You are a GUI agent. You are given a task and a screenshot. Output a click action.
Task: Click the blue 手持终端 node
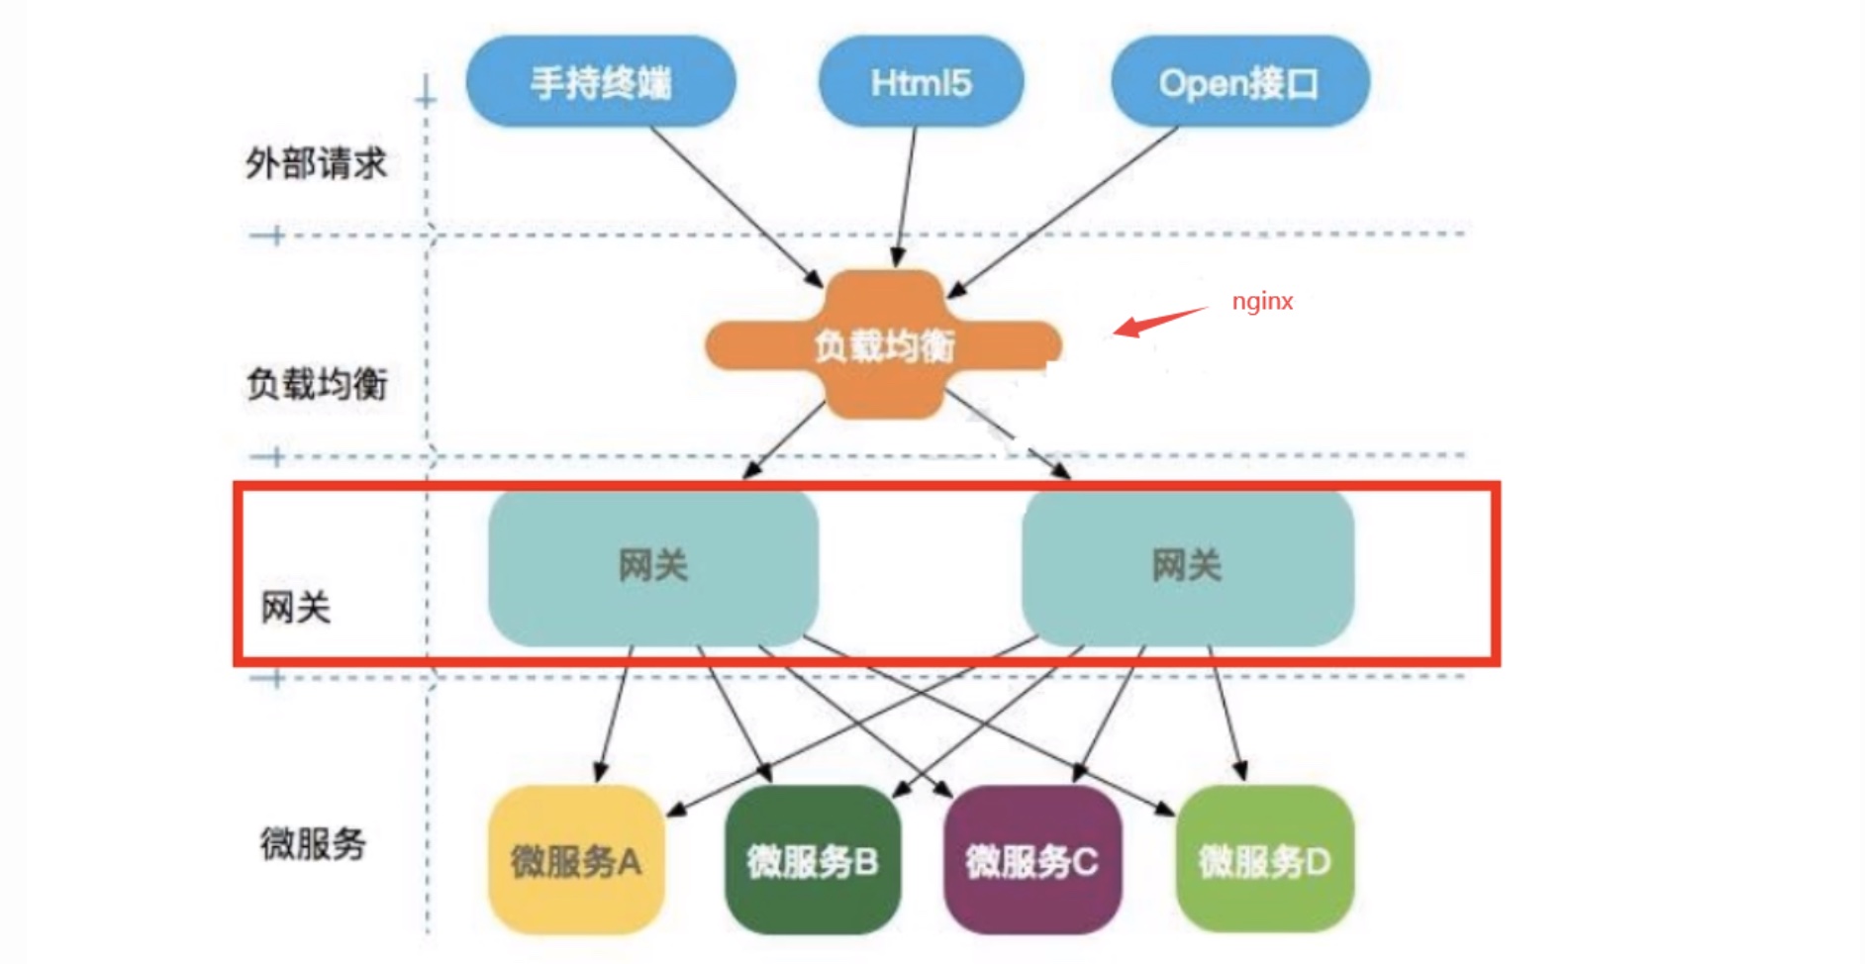click(601, 82)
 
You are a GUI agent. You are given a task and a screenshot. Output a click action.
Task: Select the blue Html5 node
click(921, 82)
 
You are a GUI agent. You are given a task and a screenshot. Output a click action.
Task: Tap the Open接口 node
click(1239, 83)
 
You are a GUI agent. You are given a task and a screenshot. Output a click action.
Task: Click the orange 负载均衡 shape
click(883, 344)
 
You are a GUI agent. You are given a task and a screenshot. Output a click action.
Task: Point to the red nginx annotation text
click(1262, 302)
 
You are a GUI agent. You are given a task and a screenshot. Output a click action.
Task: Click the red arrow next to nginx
click(1158, 321)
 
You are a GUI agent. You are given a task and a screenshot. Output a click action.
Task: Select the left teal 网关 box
click(653, 566)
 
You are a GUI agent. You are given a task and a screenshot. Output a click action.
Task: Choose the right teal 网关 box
click(1187, 566)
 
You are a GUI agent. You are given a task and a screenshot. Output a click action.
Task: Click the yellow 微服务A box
click(575, 860)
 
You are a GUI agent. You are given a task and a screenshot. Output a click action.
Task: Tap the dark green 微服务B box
click(813, 860)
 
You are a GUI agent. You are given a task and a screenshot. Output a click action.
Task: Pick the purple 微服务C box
click(1032, 860)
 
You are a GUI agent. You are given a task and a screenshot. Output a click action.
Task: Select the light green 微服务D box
click(1264, 860)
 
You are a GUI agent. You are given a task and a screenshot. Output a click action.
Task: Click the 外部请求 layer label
click(316, 163)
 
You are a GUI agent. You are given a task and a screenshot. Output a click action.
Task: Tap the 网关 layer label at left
click(295, 608)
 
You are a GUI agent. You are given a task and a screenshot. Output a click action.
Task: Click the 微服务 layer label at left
click(313, 844)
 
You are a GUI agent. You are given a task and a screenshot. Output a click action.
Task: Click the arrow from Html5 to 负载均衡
click(906, 198)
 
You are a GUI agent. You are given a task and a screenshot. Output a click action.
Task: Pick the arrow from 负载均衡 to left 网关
click(785, 439)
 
